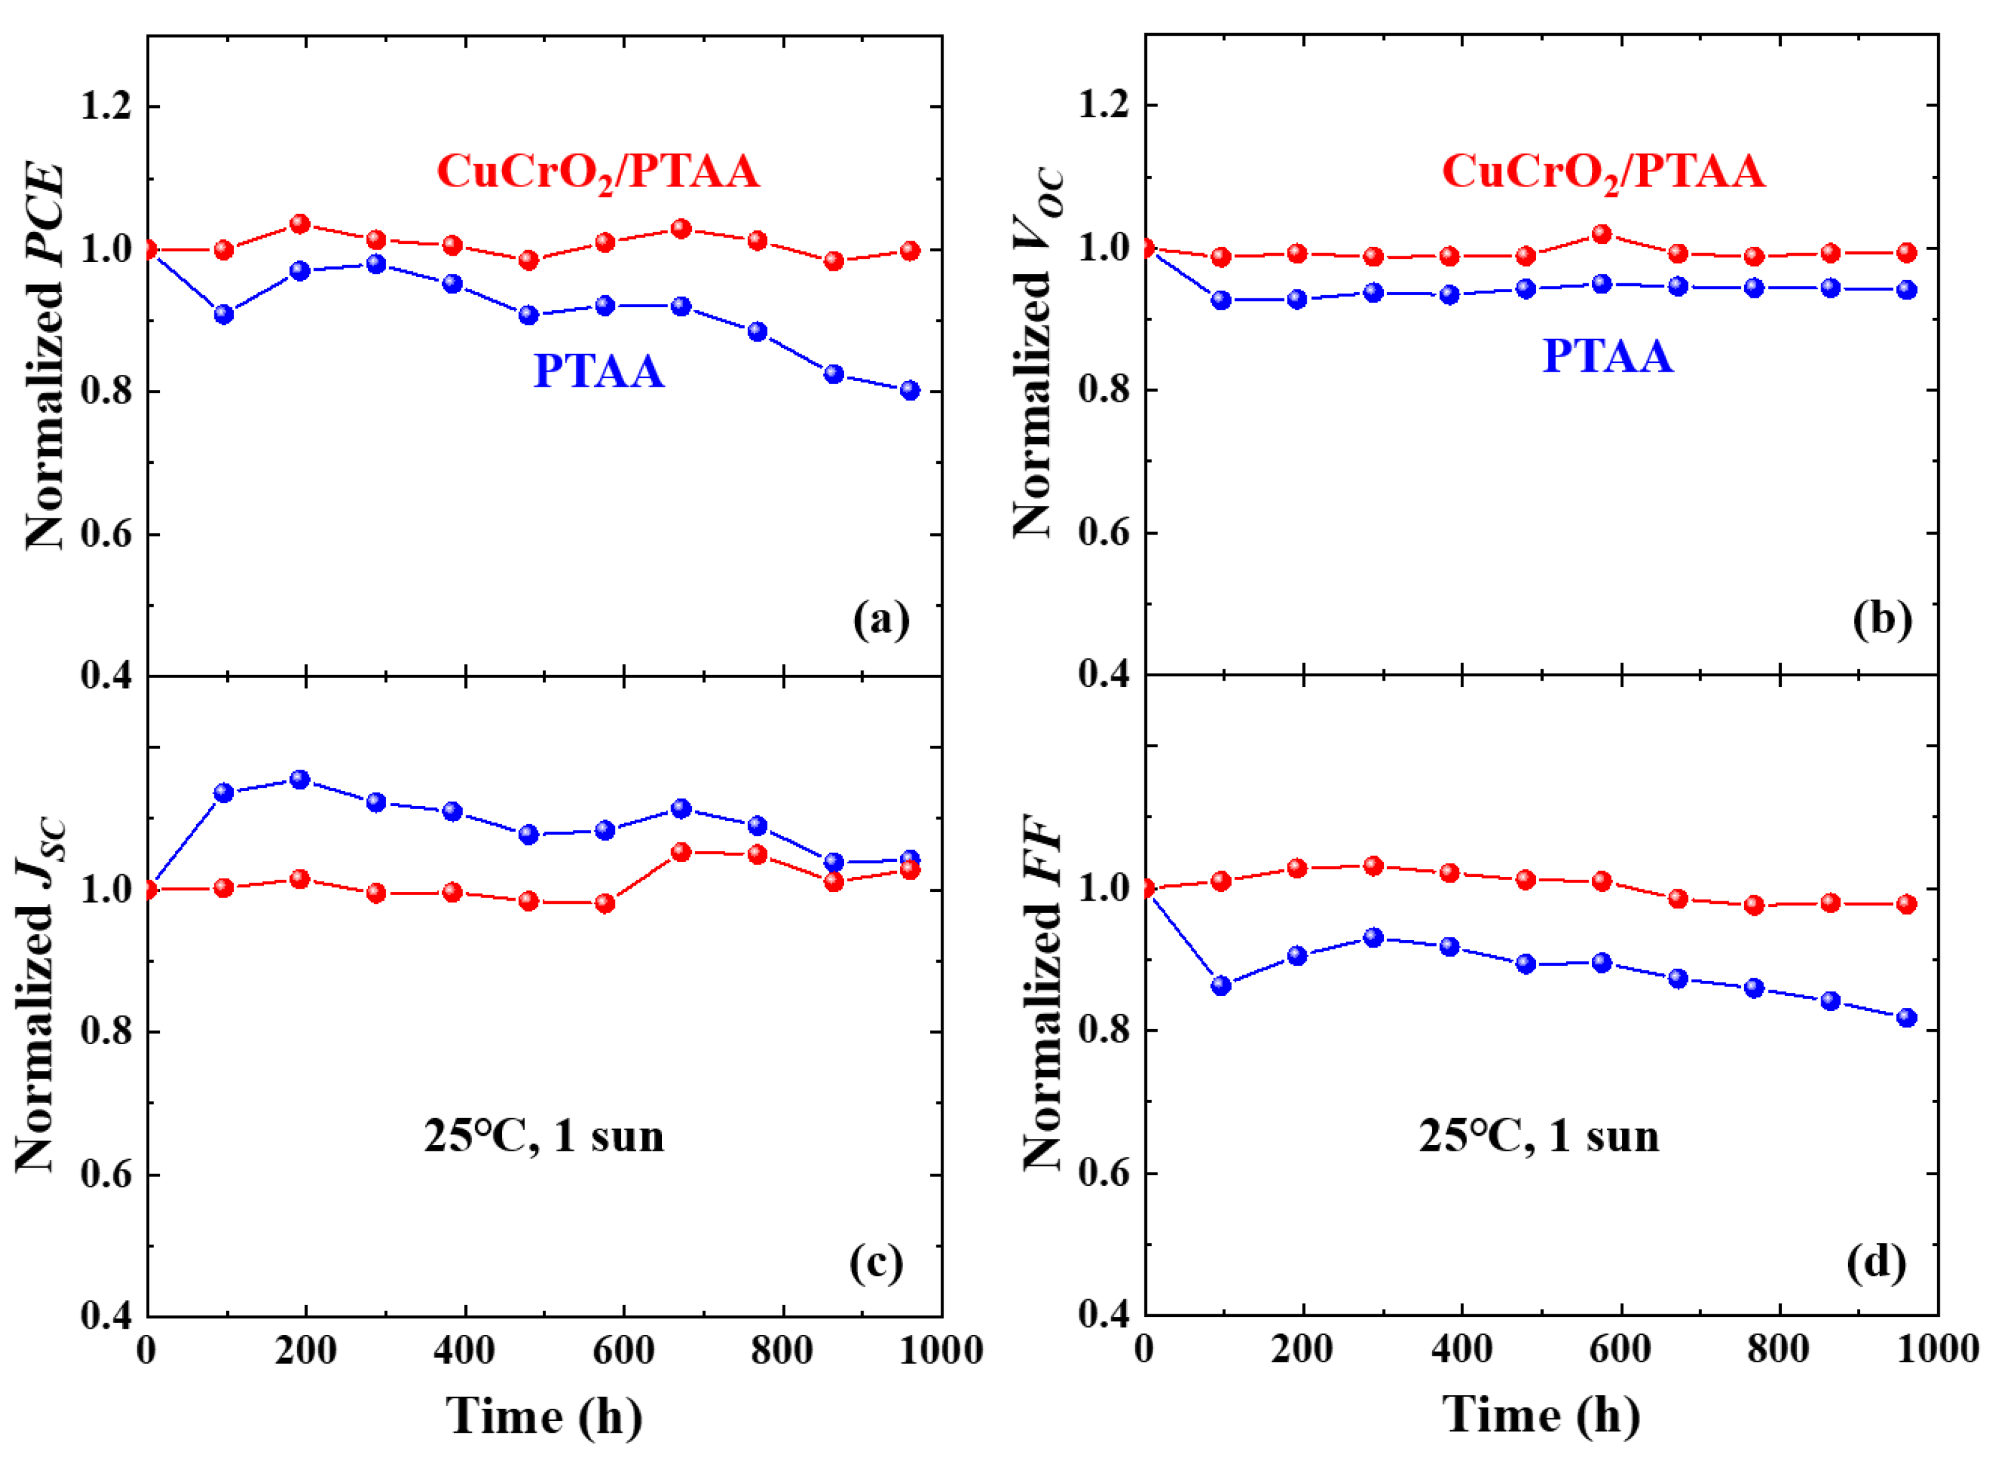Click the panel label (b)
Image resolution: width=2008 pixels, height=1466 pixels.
tap(1881, 619)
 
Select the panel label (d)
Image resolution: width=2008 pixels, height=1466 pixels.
tap(1876, 1261)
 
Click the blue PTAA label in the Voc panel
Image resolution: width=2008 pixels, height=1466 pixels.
tap(1608, 357)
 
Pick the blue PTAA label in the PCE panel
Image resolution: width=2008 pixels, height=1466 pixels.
tap(598, 371)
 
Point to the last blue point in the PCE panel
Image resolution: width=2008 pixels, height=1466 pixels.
tap(909, 390)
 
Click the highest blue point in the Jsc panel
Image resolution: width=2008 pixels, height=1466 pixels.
tap(300, 779)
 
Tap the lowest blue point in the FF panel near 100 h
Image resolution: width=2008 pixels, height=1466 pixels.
tap(1221, 985)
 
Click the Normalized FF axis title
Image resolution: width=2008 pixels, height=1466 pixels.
tap(1043, 994)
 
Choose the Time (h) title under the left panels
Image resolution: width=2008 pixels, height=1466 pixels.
tap(543, 1415)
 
